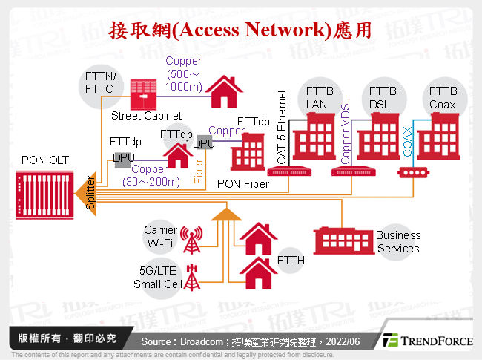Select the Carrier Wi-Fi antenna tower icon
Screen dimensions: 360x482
pyautogui.click(x=192, y=240)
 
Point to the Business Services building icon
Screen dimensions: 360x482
pyautogui.click(x=342, y=239)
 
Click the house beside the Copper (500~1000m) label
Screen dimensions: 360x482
pyautogui.click(x=223, y=92)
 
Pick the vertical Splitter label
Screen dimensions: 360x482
pyautogui.click(x=90, y=194)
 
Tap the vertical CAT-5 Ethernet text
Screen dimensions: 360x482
pyautogui.click(x=281, y=127)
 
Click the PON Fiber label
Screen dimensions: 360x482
pyautogui.click(x=243, y=183)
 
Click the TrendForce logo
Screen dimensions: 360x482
pyautogui.click(x=427, y=341)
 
